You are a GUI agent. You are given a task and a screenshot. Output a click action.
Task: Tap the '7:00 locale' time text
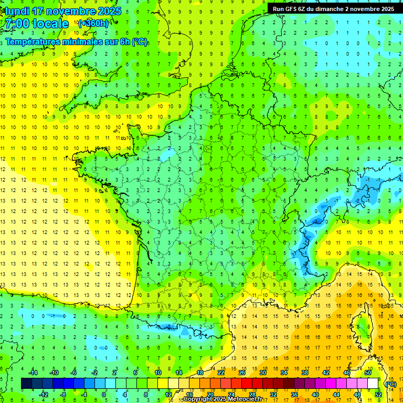pos(36,24)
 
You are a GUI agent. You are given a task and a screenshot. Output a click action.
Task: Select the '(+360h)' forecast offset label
pos(93,24)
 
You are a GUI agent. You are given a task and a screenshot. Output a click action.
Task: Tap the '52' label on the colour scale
pos(378,395)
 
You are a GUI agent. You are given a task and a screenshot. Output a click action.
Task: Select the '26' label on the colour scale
pos(242,373)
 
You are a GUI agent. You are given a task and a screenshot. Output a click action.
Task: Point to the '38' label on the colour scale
pos(305,373)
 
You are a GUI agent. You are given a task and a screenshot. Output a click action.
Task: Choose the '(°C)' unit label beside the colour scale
pos(390,384)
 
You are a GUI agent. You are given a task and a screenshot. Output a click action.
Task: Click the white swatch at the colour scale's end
pos(373,384)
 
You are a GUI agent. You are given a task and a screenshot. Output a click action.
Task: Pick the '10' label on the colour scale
pos(158,373)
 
